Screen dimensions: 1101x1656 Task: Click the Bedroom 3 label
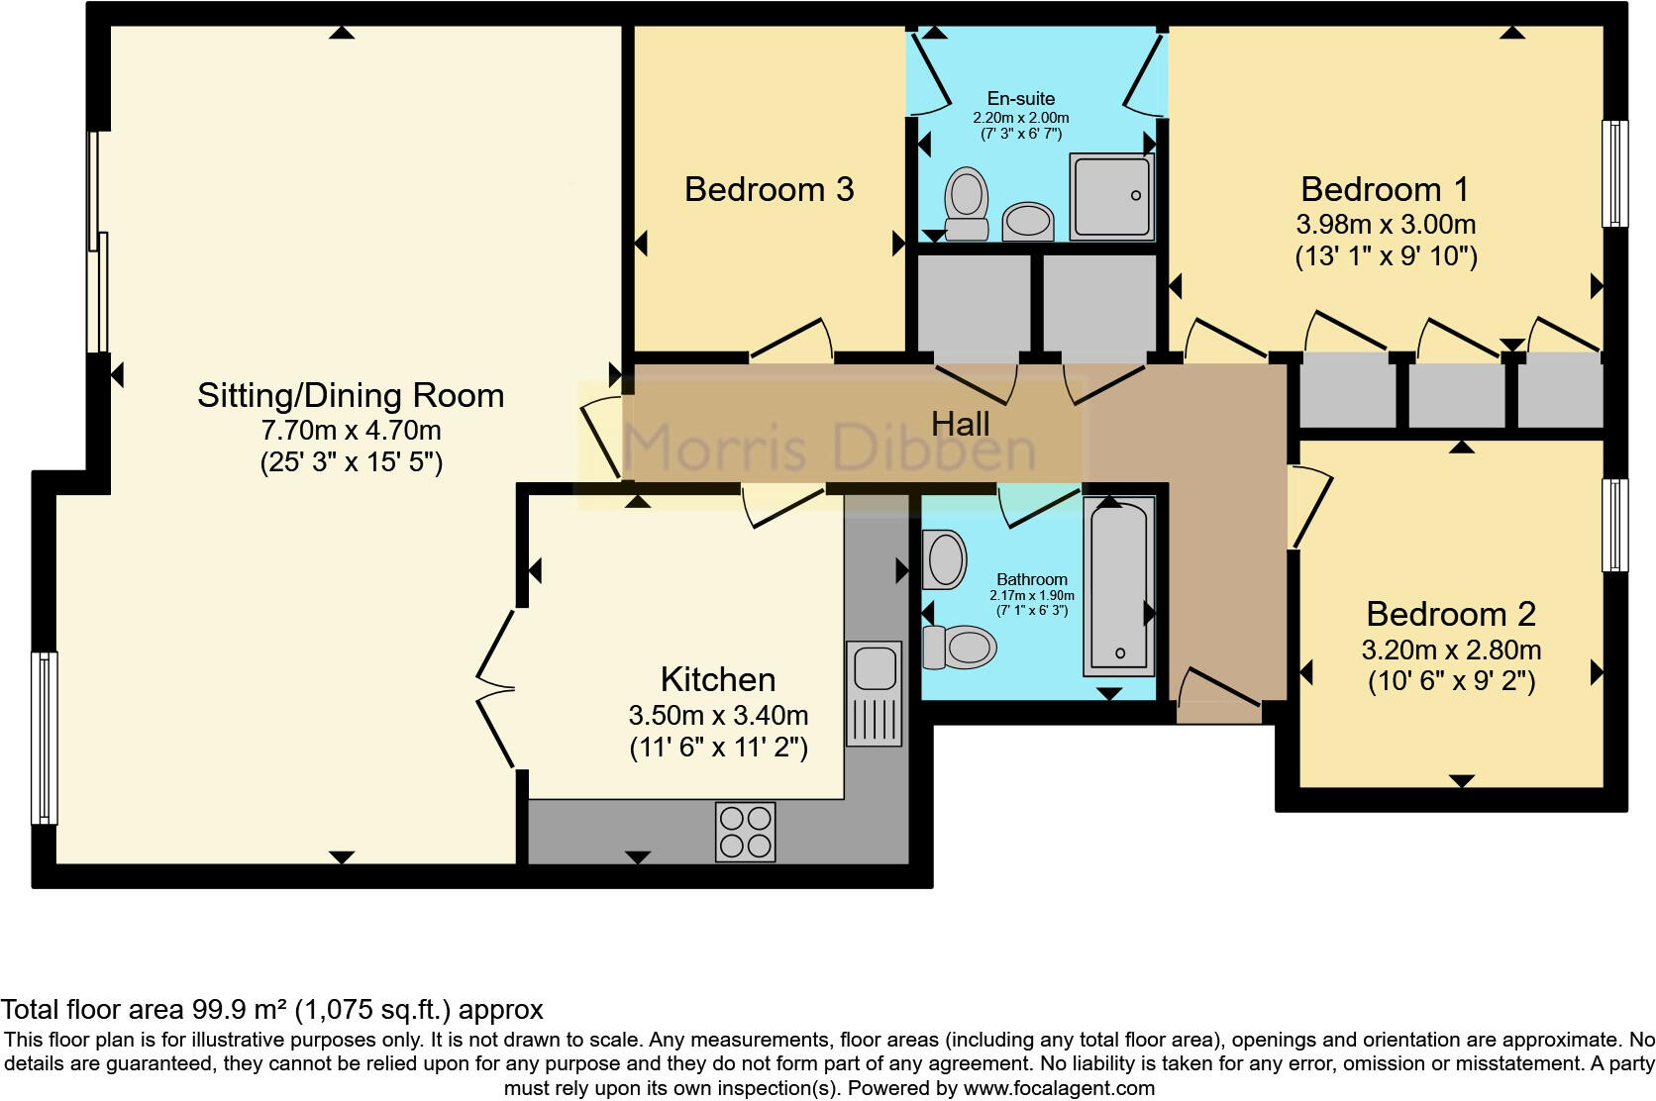click(x=769, y=189)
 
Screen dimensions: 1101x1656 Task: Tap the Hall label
click(x=960, y=425)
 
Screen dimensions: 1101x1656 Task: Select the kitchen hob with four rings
click(x=745, y=832)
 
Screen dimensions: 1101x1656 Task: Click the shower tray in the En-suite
click(x=1111, y=196)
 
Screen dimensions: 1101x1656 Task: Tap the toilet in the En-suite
click(x=967, y=204)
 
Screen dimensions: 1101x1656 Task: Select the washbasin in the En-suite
click(x=1028, y=221)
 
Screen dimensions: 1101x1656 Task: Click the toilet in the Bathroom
click(x=959, y=647)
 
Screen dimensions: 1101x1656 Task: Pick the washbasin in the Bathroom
click(x=944, y=559)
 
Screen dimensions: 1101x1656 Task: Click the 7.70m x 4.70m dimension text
click(x=351, y=431)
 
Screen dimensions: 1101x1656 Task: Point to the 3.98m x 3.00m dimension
click(x=1386, y=224)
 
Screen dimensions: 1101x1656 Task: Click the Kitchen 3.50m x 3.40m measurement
click(x=718, y=715)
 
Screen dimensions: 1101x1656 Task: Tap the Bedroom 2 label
click(x=1450, y=614)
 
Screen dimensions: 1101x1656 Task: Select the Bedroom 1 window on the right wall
click(x=1614, y=174)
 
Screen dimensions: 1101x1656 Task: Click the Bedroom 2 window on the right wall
click(x=1614, y=525)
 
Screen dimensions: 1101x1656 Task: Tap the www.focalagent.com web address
click(x=1058, y=1088)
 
